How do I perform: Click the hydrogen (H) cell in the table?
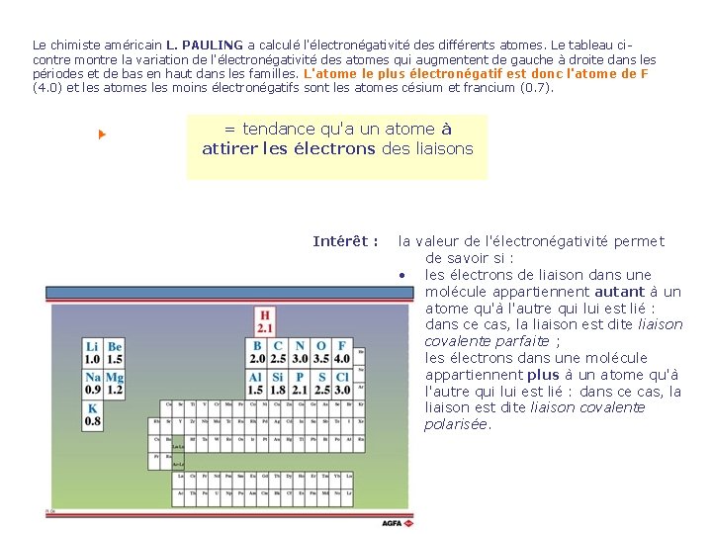click(x=265, y=320)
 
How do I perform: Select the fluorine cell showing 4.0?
click(x=342, y=352)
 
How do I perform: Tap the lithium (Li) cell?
click(x=93, y=352)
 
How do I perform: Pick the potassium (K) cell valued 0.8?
click(x=93, y=414)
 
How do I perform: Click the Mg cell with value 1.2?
click(x=115, y=384)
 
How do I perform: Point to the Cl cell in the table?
click(x=342, y=384)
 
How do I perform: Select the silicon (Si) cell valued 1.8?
click(x=278, y=384)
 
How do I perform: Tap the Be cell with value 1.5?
click(x=115, y=352)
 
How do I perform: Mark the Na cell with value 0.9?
click(x=93, y=384)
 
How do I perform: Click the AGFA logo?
click(x=397, y=522)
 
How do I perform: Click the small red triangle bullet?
click(x=102, y=133)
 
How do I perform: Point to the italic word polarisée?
click(x=457, y=424)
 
